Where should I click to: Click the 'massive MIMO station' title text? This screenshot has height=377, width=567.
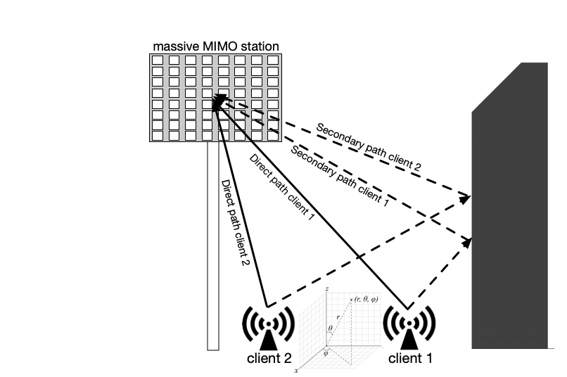[x=216, y=46]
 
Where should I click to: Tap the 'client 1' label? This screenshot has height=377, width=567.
[x=411, y=357]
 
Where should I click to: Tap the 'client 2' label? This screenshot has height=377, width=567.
[x=269, y=357]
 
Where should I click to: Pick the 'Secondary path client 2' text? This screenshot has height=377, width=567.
[x=369, y=148]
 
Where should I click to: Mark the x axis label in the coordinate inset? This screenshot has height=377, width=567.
[x=296, y=370]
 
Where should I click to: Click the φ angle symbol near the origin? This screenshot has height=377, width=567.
[x=326, y=354]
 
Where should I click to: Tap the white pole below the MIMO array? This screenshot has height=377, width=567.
[x=213, y=246]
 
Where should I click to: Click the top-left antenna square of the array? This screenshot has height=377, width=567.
[x=158, y=60]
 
